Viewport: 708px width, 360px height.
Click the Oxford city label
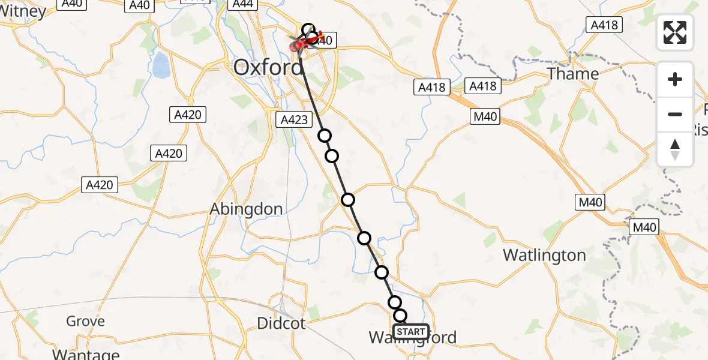tap(268, 67)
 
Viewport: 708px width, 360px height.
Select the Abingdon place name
tap(246, 209)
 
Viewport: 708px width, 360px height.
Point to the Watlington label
tap(544, 255)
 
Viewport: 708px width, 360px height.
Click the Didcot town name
tap(281, 323)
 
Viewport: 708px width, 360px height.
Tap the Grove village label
tap(85, 322)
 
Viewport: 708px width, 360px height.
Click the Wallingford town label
tap(412, 338)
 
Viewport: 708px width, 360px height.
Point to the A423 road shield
tap(294, 120)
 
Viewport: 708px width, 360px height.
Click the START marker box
tap(411, 332)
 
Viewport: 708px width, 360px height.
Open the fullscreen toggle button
tap(675, 32)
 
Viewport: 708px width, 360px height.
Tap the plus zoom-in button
tap(675, 80)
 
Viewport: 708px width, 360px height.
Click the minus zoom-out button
tap(675, 114)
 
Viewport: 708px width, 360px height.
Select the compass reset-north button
tap(675, 149)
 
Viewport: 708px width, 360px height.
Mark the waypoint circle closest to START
tap(400, 316)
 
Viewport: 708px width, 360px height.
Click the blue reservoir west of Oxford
tap(161, 66)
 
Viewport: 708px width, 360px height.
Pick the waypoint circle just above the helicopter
tap(308, 29)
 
